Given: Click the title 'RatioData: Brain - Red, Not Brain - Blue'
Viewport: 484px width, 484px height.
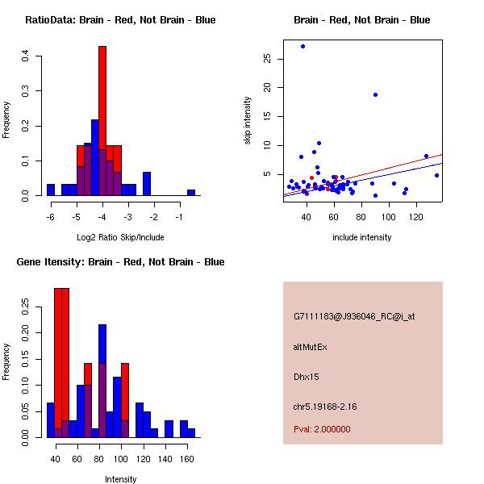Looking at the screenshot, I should coord(120,20).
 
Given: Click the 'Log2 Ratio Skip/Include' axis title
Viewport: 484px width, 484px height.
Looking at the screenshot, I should coord(120,237).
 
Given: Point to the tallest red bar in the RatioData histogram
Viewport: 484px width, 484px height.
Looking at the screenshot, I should coord(102,121).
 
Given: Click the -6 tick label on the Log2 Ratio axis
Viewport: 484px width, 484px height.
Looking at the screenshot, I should coord(49,218).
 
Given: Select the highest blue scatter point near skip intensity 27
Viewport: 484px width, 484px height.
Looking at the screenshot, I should coord(302,46).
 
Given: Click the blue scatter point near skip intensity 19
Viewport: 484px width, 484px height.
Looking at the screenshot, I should coord(375,94).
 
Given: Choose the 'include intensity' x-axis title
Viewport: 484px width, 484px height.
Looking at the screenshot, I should coord(362,237).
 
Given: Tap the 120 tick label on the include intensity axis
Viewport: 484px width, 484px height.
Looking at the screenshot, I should coord(417,218).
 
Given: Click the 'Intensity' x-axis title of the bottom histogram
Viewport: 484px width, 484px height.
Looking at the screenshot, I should coord(120,479).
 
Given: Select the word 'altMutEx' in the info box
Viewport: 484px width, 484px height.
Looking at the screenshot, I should coord(311,347).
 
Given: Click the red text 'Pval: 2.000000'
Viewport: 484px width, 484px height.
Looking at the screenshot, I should coord(322,429).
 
